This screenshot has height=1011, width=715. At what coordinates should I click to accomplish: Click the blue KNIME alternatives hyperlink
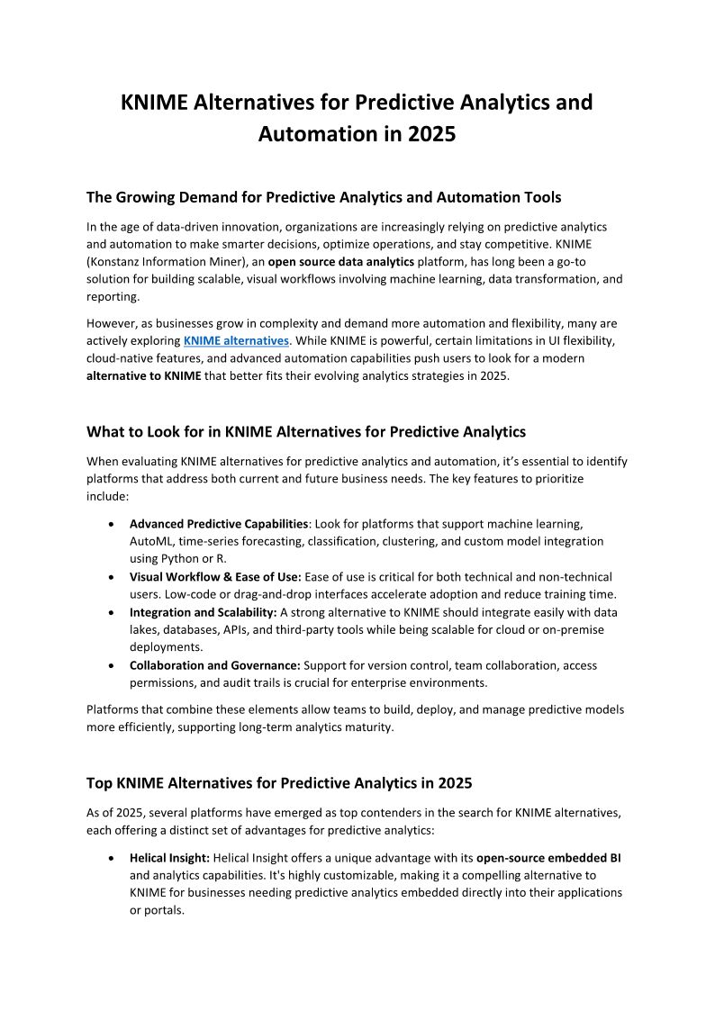(x=236, y=340)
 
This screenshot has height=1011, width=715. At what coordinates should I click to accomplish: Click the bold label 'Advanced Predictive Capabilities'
(x=218, y=523)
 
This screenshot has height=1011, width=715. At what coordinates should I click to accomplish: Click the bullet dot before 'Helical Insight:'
(x=110, y=858)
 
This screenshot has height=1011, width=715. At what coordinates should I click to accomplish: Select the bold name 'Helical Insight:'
(x=170, y=858)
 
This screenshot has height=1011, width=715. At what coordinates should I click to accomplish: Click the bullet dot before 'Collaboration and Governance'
(x=110, y=665)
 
